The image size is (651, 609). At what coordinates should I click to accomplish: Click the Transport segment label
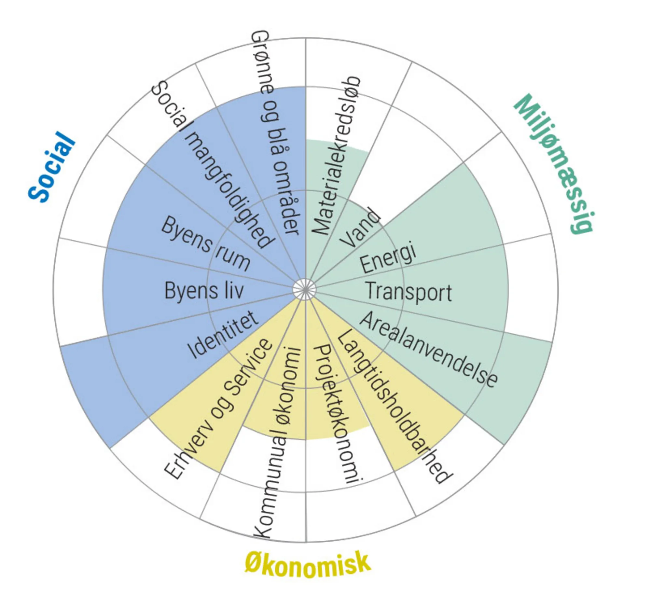[x=409, y=292]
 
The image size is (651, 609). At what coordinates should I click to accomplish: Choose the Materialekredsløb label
[x=336, y=156]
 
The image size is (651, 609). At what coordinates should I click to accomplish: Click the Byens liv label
[x=204, y=290]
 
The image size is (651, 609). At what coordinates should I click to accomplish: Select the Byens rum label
[x=206, y=244]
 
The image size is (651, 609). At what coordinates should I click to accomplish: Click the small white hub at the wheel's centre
[x=305, y=289]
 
